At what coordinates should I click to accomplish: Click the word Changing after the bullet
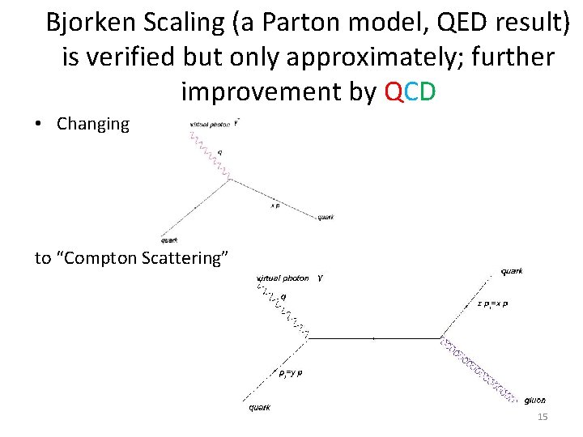93,124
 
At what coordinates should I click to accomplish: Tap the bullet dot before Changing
39,125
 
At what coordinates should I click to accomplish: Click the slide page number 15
543,417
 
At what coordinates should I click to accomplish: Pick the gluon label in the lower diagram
534,400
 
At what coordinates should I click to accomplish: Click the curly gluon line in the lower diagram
478,368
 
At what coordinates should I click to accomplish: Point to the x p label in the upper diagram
276,206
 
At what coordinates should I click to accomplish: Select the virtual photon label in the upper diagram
209,125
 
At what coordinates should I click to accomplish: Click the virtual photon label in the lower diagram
283,278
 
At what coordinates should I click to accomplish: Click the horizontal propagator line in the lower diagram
372,337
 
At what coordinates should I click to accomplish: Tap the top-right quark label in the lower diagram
512,271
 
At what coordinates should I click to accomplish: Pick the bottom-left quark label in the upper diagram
169,240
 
